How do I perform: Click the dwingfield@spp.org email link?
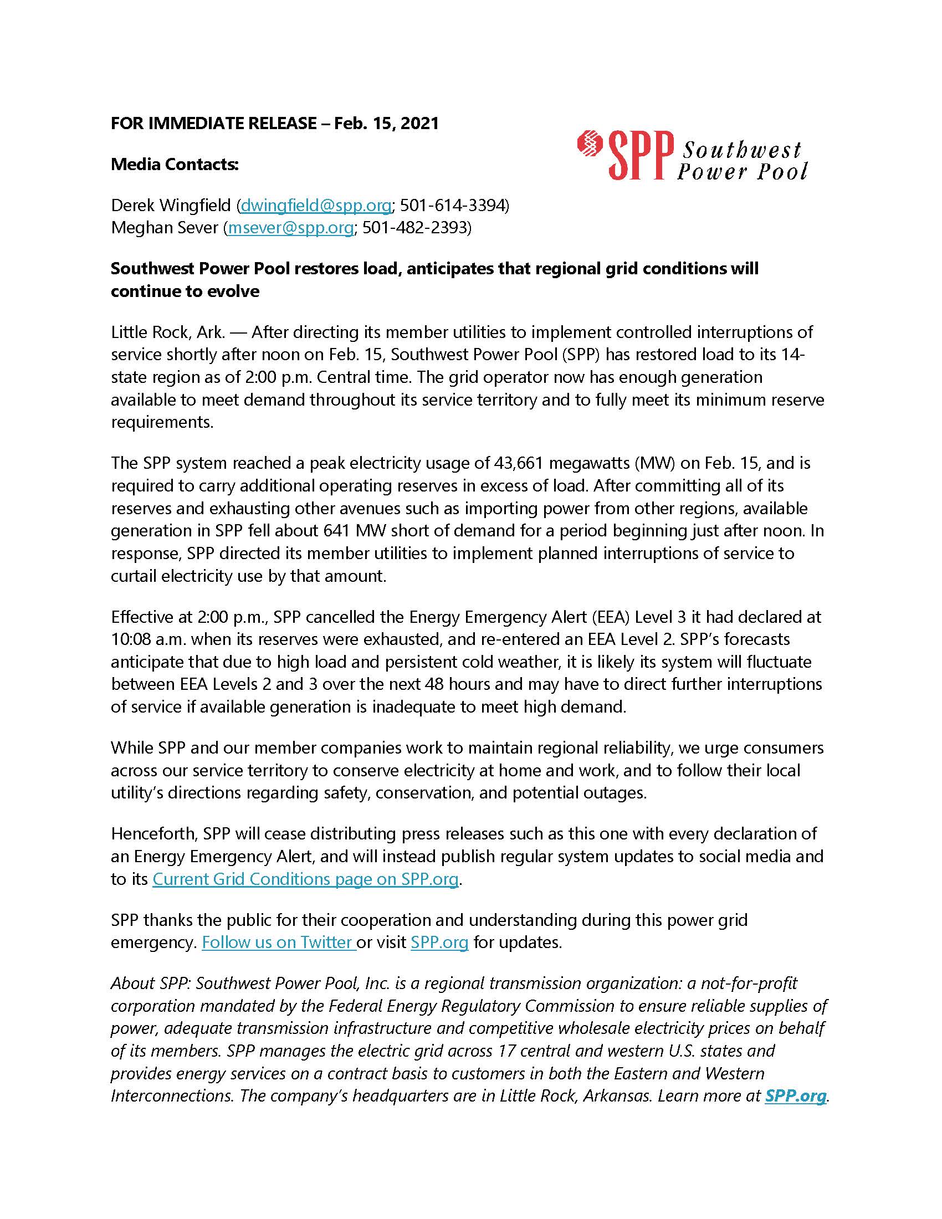pyautogui.click(x=315, y=206)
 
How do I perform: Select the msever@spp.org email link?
pyautogui.click(x=290, y=228)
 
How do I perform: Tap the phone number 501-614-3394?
pyautogui.click(x=453, y=206)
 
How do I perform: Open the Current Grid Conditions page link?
pyautogui.click(x=305, y=879)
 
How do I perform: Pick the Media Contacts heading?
pyautogui.click(x=175, y=164)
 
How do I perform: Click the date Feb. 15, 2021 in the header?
pyautogui.click(x=386, y=123)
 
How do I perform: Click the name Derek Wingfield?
pyautogui.click(x=170, y=206)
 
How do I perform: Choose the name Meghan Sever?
pyautogui.click(x=164, y=228)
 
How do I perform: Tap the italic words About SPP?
pyautogui.click(x=151, y=983)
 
